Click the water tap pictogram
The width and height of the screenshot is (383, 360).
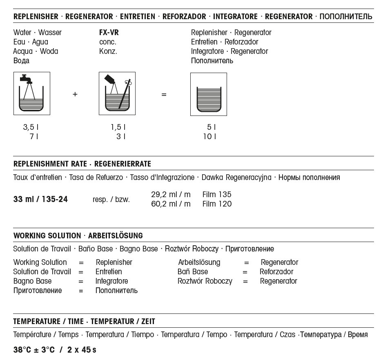point(31,93)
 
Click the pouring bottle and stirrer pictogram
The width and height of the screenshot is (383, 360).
point(117,93)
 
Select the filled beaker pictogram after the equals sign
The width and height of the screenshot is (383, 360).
point(209,94)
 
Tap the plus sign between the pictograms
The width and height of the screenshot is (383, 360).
point(75,94)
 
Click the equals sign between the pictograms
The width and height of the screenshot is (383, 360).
point(164,94)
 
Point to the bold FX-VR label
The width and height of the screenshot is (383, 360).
point(109,33)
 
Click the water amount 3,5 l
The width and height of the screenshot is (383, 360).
point(31,127)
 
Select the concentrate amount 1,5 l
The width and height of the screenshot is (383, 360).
point(118,127)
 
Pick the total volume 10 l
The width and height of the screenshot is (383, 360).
point(209,137)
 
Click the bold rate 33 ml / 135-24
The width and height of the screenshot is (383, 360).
point(40,200)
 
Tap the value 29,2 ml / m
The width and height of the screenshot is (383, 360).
point(171,194)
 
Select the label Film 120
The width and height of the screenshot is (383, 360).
point(217,204)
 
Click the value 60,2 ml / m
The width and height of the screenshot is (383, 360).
point(171,204)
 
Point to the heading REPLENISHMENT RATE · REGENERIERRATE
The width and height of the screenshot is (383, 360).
point(82,164)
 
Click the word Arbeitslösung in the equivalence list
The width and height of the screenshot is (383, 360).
point(199,262)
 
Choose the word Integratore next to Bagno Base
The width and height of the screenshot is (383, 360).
point(111,281)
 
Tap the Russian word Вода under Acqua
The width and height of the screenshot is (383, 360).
point(21,61)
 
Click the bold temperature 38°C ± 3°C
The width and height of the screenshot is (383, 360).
point(34,350)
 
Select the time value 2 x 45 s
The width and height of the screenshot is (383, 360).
point(82,350)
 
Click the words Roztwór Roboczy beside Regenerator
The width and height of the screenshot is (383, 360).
point(205,281)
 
